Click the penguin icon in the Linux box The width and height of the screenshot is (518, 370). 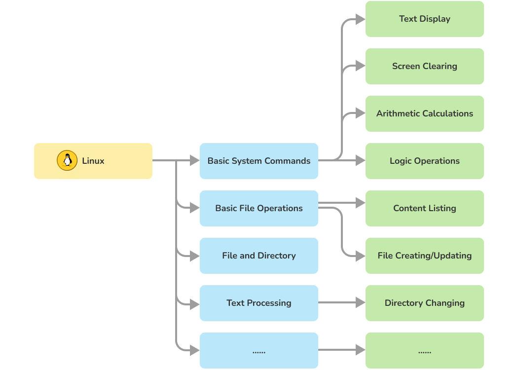[67, 161]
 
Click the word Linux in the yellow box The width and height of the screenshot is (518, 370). [93, 161]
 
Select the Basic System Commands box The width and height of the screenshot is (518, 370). [259, 161]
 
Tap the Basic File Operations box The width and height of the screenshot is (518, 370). [259, 208]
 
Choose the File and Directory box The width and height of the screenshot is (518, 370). [259, 256]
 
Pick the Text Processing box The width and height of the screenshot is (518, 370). [259, 303]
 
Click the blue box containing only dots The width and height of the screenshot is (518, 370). [259, 350]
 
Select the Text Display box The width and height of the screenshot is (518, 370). [424, 19]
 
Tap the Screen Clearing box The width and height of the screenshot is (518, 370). [424, 66]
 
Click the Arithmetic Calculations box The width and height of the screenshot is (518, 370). [424, 113]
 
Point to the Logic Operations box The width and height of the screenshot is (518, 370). [424, 161]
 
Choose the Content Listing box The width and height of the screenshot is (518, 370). [424, 208]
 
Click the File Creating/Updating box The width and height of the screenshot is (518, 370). [424, 256]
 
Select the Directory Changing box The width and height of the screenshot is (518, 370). [424, 303]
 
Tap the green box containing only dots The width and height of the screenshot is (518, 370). [424, 350]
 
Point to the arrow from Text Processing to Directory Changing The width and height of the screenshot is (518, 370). [340, 302]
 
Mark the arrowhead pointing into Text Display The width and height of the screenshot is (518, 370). [361, 19]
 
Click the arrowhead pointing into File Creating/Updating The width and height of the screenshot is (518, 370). [361, 256]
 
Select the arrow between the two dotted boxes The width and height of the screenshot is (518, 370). [340, 350]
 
